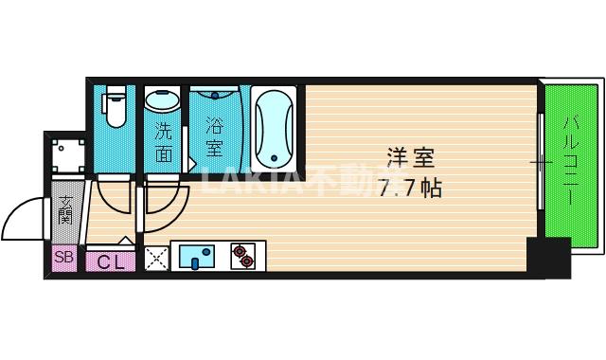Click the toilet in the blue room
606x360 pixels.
(116, 106)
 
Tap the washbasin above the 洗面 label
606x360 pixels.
(164, 102)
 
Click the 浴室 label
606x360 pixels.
(215, 136)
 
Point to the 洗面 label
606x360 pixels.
(164, 141)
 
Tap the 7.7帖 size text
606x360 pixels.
(409, 188)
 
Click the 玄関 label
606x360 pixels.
(65, 209)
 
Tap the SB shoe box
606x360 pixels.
(64, 258)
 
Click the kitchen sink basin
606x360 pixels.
(197, 257)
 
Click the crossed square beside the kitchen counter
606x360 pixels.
(155, 258)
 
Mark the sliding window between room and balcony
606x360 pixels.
(540, 163)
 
